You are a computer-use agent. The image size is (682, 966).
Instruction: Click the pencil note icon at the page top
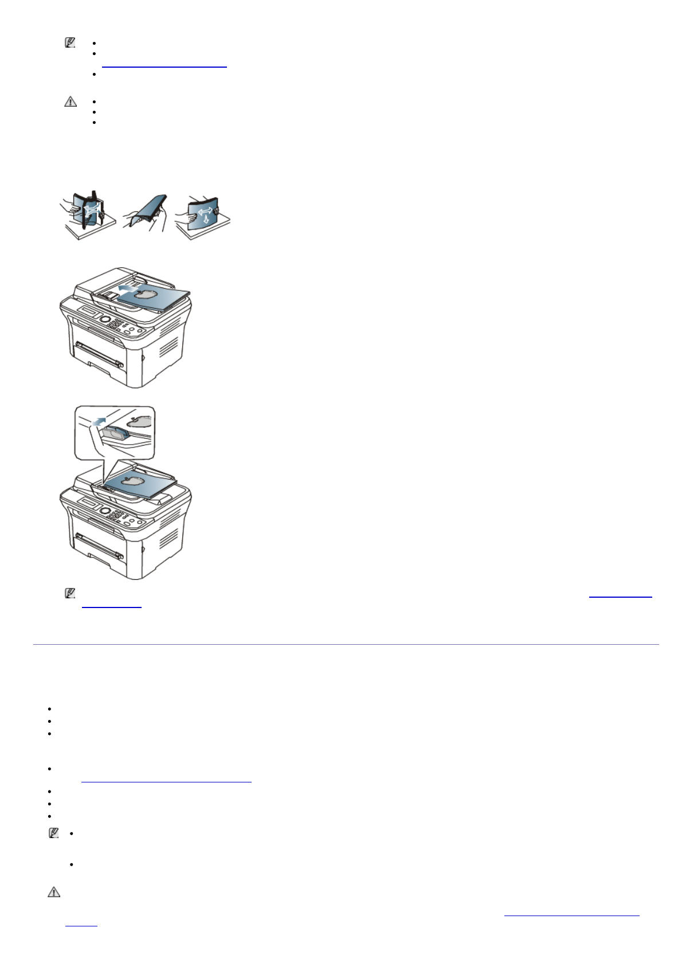click(70, 42)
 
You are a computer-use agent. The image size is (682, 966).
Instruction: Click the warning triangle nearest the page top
click(70, 102)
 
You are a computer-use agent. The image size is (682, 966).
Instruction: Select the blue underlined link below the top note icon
click(164, 67)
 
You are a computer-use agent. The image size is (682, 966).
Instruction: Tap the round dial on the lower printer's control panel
click(105, 510)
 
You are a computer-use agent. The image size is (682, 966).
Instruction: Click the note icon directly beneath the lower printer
click(70, 594)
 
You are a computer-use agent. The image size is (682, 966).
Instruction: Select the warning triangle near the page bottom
click(53, 892)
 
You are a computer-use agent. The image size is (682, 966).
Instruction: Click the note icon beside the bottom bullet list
click(53, 833)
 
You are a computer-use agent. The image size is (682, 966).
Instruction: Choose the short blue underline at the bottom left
click(81, 925)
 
